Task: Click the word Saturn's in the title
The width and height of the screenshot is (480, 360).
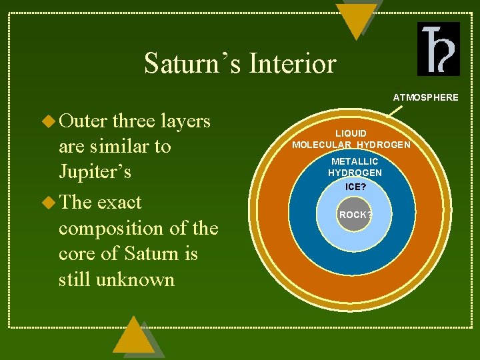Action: tap(193, 64)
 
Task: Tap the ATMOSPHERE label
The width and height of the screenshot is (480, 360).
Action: tap(425, 97)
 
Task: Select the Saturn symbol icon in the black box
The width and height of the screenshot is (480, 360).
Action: tap(438, 49)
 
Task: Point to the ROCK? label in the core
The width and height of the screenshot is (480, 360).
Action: tap(355, 215)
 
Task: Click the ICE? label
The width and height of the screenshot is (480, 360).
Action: tap(355, 187)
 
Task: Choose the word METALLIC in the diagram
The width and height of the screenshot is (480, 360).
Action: tap(355, 161)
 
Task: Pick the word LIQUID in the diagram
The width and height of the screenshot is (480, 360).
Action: tap(351, 133)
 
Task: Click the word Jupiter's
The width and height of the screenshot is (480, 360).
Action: tap(95, 172)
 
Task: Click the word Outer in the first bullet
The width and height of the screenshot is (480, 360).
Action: tap(83, 121)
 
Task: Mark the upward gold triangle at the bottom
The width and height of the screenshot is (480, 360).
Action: tap(133, 336)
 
